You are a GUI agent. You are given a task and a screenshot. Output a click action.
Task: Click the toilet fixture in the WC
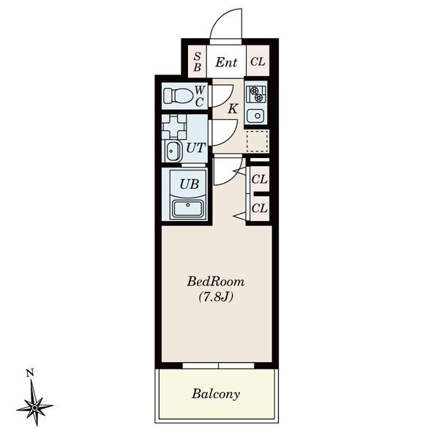(178, 96)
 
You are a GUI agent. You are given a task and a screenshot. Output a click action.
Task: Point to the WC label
(199, 96)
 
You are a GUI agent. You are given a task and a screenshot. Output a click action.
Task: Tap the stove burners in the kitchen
(256, 93)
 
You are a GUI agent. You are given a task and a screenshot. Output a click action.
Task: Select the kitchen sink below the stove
(256, 115)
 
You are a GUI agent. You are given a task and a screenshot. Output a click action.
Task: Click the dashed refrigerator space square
(257, 140)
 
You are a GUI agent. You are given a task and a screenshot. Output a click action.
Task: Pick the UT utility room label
(195, 147)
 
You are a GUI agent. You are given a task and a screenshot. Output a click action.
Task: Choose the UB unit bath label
(190, 184)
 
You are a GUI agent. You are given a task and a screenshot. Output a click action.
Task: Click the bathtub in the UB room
(190, 209)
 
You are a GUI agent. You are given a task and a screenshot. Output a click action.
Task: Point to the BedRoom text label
(216, 282)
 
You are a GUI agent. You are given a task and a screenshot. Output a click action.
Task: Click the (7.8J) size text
(216, 297)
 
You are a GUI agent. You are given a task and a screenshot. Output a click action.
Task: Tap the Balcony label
(216, 394)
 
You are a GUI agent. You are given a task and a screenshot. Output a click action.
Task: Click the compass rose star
(34, 404)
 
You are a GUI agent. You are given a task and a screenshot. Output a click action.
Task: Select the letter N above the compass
(30, 374)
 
